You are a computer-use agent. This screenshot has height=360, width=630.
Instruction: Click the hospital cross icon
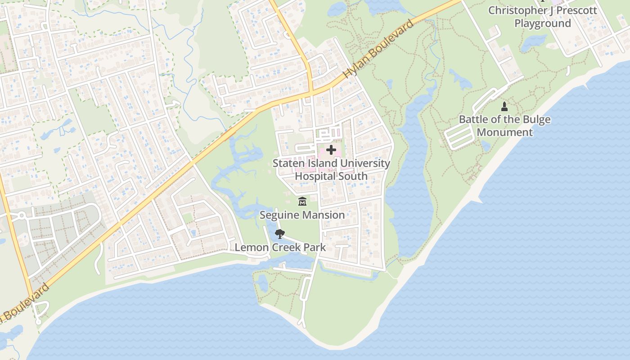tap(331, 150)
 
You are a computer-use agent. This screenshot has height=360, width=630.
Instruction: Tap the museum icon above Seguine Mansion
tap(302, 202)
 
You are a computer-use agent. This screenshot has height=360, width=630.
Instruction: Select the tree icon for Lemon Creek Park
tap(280, 234)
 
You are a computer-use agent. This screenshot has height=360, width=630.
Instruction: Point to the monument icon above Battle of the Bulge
tap(504, 107)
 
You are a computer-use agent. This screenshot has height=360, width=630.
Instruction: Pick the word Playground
tap(543, 23)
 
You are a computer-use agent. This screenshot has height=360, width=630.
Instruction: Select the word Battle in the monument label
tap(472, 120)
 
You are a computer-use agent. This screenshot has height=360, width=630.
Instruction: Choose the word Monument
tap(505, 132)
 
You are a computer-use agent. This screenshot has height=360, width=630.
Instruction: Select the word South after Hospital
tap(353, 176)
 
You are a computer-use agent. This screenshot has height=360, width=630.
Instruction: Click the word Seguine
tap(279, 215)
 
